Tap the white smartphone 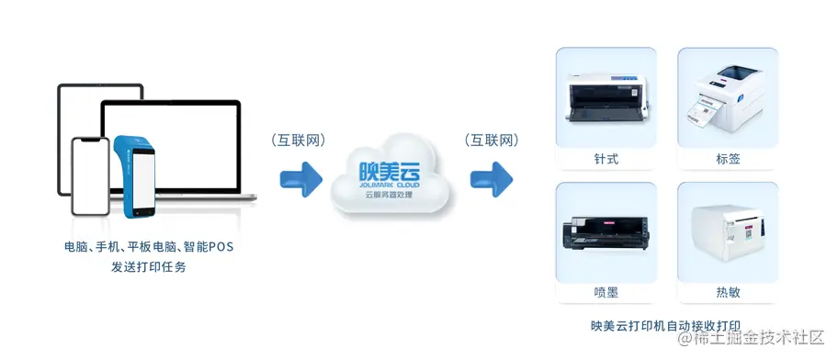[x=91, y=177]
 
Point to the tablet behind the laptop [x=77, y=110]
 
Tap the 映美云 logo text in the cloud [x=390, y=171]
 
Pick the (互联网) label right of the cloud [x=492, y=141]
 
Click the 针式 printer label [x=606, y=159]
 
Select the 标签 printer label [x=728, y=159]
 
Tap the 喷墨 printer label [x=606, y=292]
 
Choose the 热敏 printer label [x=728, y=292]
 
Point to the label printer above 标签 [x=728, y=96]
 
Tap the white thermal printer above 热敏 [x=728, y=231]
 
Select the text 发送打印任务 [x=148, y=266]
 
